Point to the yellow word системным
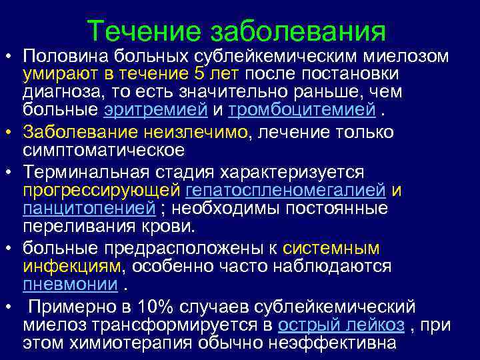[x=331, y=249]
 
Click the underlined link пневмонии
[x=70, y=285]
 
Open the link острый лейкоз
[x=341, y=325]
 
